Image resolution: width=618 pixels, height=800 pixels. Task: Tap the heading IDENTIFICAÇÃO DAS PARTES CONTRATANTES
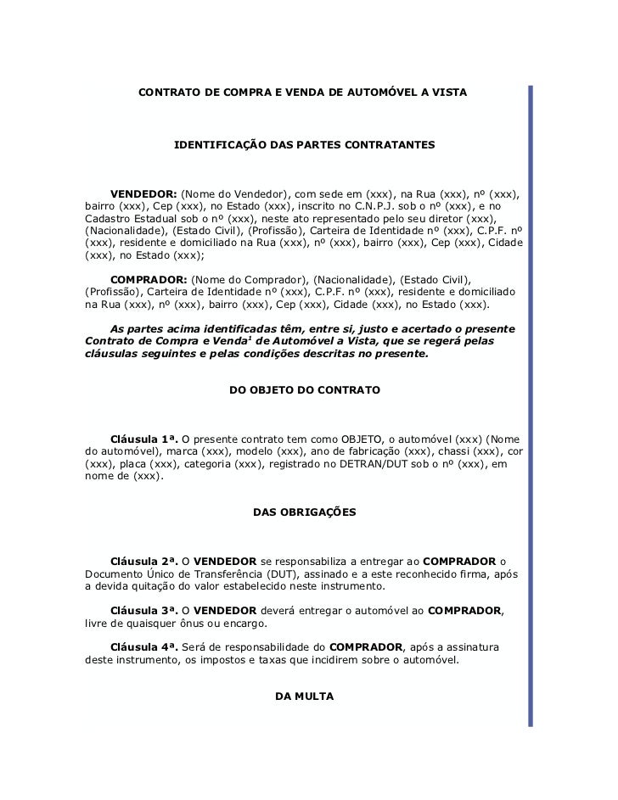[x=304, y=146]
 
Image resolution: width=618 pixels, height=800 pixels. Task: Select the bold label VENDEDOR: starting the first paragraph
[x=143, y=193]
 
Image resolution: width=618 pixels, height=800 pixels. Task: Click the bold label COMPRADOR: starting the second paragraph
[x=149, y=279]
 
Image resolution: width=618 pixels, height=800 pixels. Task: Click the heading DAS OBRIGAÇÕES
[x=305, y=512]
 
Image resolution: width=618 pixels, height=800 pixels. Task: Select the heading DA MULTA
[x=305, y=696]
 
